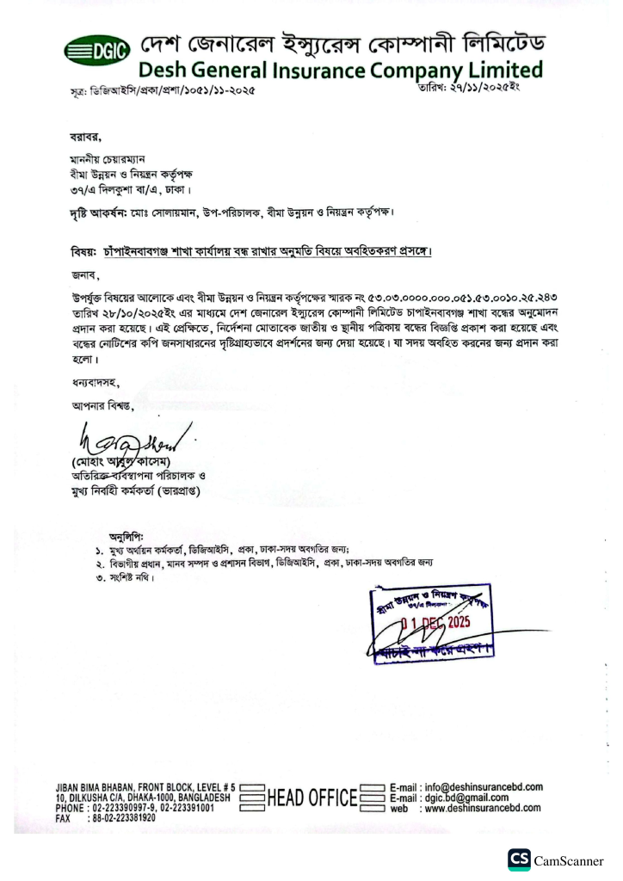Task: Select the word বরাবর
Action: pos(86,137)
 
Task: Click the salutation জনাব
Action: pos(86,276)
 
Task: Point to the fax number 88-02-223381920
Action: pos(121,819)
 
